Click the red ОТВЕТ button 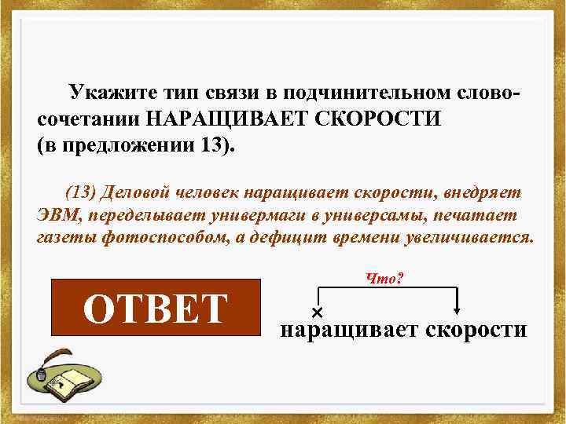(155, 308)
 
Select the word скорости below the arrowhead (475, 331)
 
